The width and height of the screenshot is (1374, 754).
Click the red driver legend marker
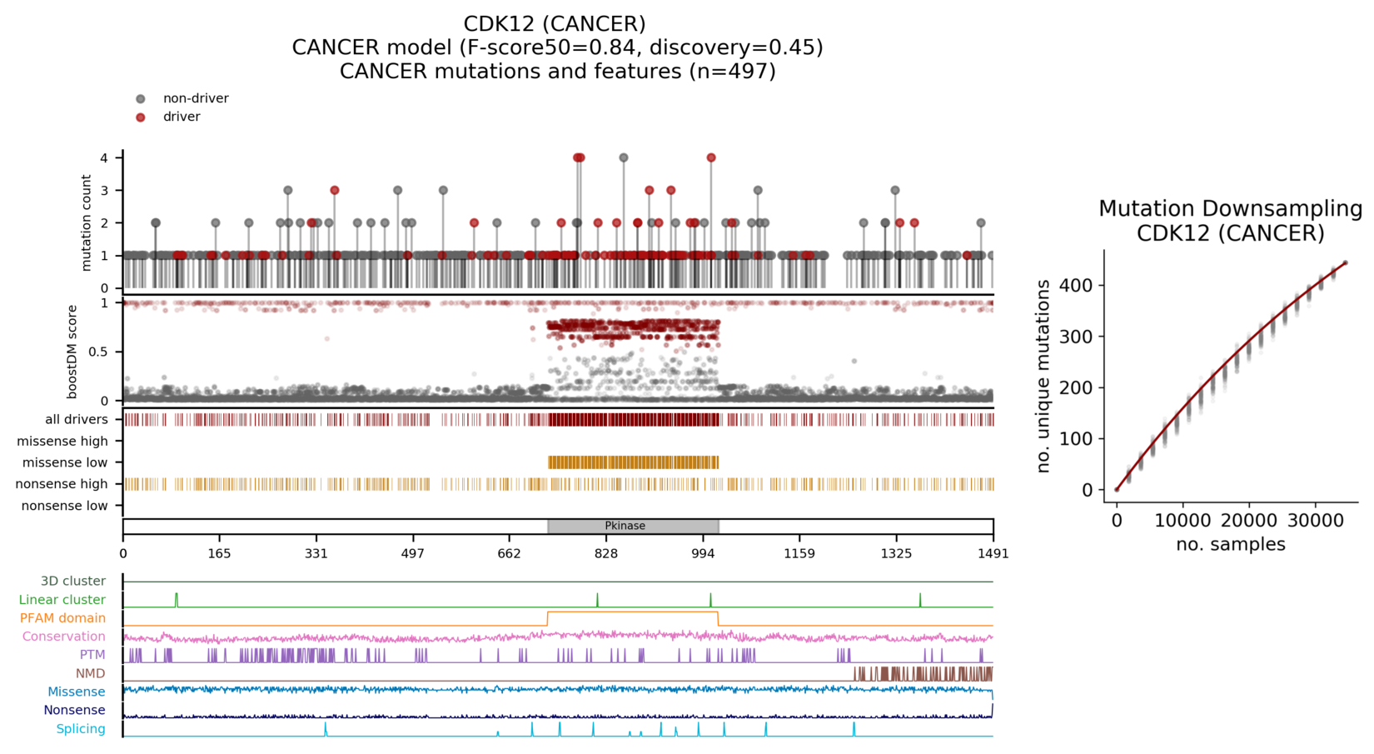[x=141, y=117]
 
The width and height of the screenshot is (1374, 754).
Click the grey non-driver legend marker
[x=141, y=99]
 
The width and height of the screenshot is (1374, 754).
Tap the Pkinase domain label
[x=625, y=526]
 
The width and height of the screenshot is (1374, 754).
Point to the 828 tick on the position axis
[x=606, y=553]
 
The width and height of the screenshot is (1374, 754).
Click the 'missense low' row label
[x=65, y=462]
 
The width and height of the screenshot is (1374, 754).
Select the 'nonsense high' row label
[x=62, y=484]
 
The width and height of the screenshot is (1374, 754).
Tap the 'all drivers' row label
[x=77, y=419]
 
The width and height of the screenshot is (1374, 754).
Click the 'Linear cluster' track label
[x=62, y=600]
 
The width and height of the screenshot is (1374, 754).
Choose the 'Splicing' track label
[x=81, y=729]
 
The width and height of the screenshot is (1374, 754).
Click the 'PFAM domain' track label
[x=62, y=618]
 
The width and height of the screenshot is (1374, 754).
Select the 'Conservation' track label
[x=64, y=637]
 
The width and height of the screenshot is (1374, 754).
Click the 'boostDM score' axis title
[x=72, y=352]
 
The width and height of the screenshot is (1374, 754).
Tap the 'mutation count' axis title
[x=87, y=222]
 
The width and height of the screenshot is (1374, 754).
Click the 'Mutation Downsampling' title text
[x=1230, y=209]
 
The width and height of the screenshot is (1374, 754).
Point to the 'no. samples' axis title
[x=1230, y=545]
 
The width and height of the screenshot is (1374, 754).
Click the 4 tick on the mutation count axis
[x=104, y=157]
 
